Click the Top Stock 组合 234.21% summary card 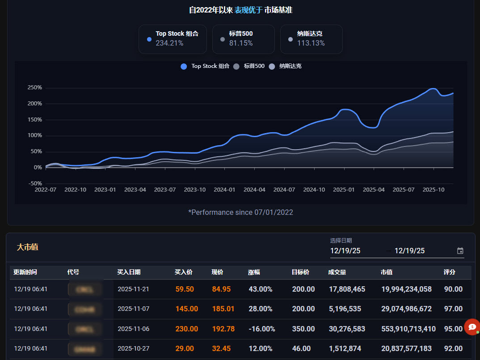coord(173,39)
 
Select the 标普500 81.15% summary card coord(243,39)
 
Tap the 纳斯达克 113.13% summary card coord(311,39)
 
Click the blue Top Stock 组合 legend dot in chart coord(184,67)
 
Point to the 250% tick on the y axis coord(34,88)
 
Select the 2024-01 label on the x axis coord(224,189)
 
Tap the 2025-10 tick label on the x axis coord(433,189)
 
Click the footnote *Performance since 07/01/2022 coord(240,212)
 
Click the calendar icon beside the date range coord(460,251)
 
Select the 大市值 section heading coord(27,247)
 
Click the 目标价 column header coord(300,272)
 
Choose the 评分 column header coord(449,272)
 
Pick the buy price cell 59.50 coord(185,289)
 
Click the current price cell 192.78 coord(223,329)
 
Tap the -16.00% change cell coord(261,329)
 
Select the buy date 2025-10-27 coord(133,348)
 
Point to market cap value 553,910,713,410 coord(408,329)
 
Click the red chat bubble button coord(472,327)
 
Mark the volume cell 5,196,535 coord(347,309)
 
